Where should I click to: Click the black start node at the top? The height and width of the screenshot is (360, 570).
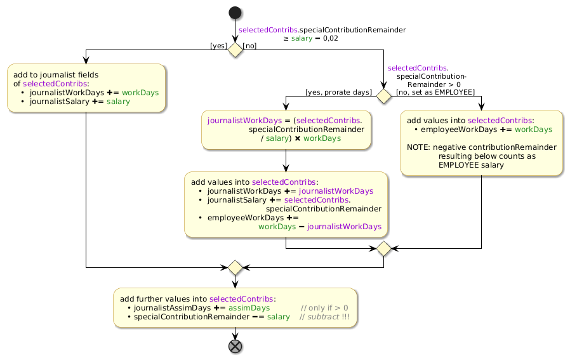coord(235,13)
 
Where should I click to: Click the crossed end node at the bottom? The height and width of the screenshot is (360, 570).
coord(235,346)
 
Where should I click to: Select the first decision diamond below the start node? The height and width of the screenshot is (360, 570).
coord(235,50)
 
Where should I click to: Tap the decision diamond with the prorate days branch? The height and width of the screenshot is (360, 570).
coord(384,96)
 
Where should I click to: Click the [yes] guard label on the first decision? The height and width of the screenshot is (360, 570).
coord(219,46)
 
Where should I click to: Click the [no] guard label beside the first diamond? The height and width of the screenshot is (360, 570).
coord(250,46)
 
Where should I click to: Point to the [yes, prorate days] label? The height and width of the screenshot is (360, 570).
coord(338,93)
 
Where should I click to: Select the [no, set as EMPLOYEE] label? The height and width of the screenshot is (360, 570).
coord(435,93)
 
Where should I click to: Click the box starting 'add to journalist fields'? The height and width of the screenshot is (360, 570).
coord(86,88)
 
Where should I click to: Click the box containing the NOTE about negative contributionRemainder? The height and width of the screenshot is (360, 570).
coord(481,143)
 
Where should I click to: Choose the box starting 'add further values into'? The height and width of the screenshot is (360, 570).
coord(235,308)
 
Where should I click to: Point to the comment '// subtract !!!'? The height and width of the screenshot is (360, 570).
coord(324,317)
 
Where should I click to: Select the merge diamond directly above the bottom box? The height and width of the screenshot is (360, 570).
coord(235,267)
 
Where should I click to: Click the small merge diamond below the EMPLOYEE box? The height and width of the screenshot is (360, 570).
coord(384,248)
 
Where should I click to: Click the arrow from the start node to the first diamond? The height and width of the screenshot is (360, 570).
coord(235,30)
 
